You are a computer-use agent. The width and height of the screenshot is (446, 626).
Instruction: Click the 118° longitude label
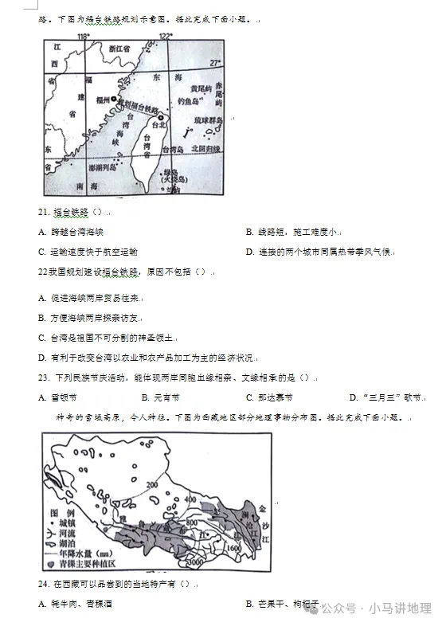[83, 37]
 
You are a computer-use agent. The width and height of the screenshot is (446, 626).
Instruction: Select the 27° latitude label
[213, 62]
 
